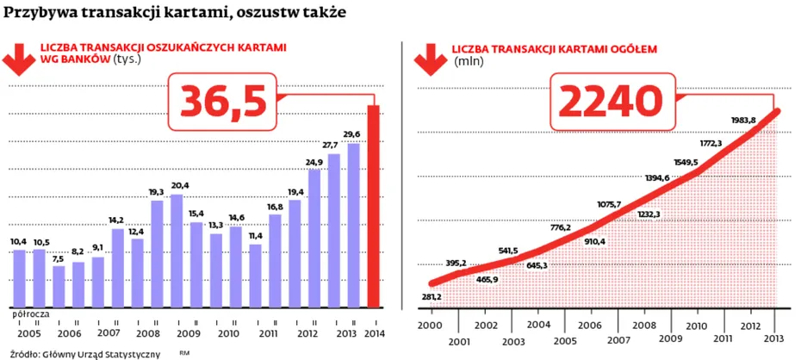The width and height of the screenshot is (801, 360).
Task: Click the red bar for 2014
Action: [x=374, y=207]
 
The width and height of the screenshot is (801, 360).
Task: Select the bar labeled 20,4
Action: [x=177, y=251]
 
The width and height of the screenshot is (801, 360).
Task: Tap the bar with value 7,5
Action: [x=59, y=287]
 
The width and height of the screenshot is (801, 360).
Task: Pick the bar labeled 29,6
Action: [x=353, y=226]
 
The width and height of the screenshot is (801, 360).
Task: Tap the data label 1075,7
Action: [x=609, y=205]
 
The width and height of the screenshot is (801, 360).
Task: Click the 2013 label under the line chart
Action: [x=775, y=338]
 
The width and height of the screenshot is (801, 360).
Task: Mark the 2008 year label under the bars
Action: [x=148, y=333]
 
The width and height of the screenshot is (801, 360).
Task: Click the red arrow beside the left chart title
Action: [x=19, y=59]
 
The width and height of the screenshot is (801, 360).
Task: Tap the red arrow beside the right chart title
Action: [x=431, y=59]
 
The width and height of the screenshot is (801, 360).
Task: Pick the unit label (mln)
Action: [x=469, y=62]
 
